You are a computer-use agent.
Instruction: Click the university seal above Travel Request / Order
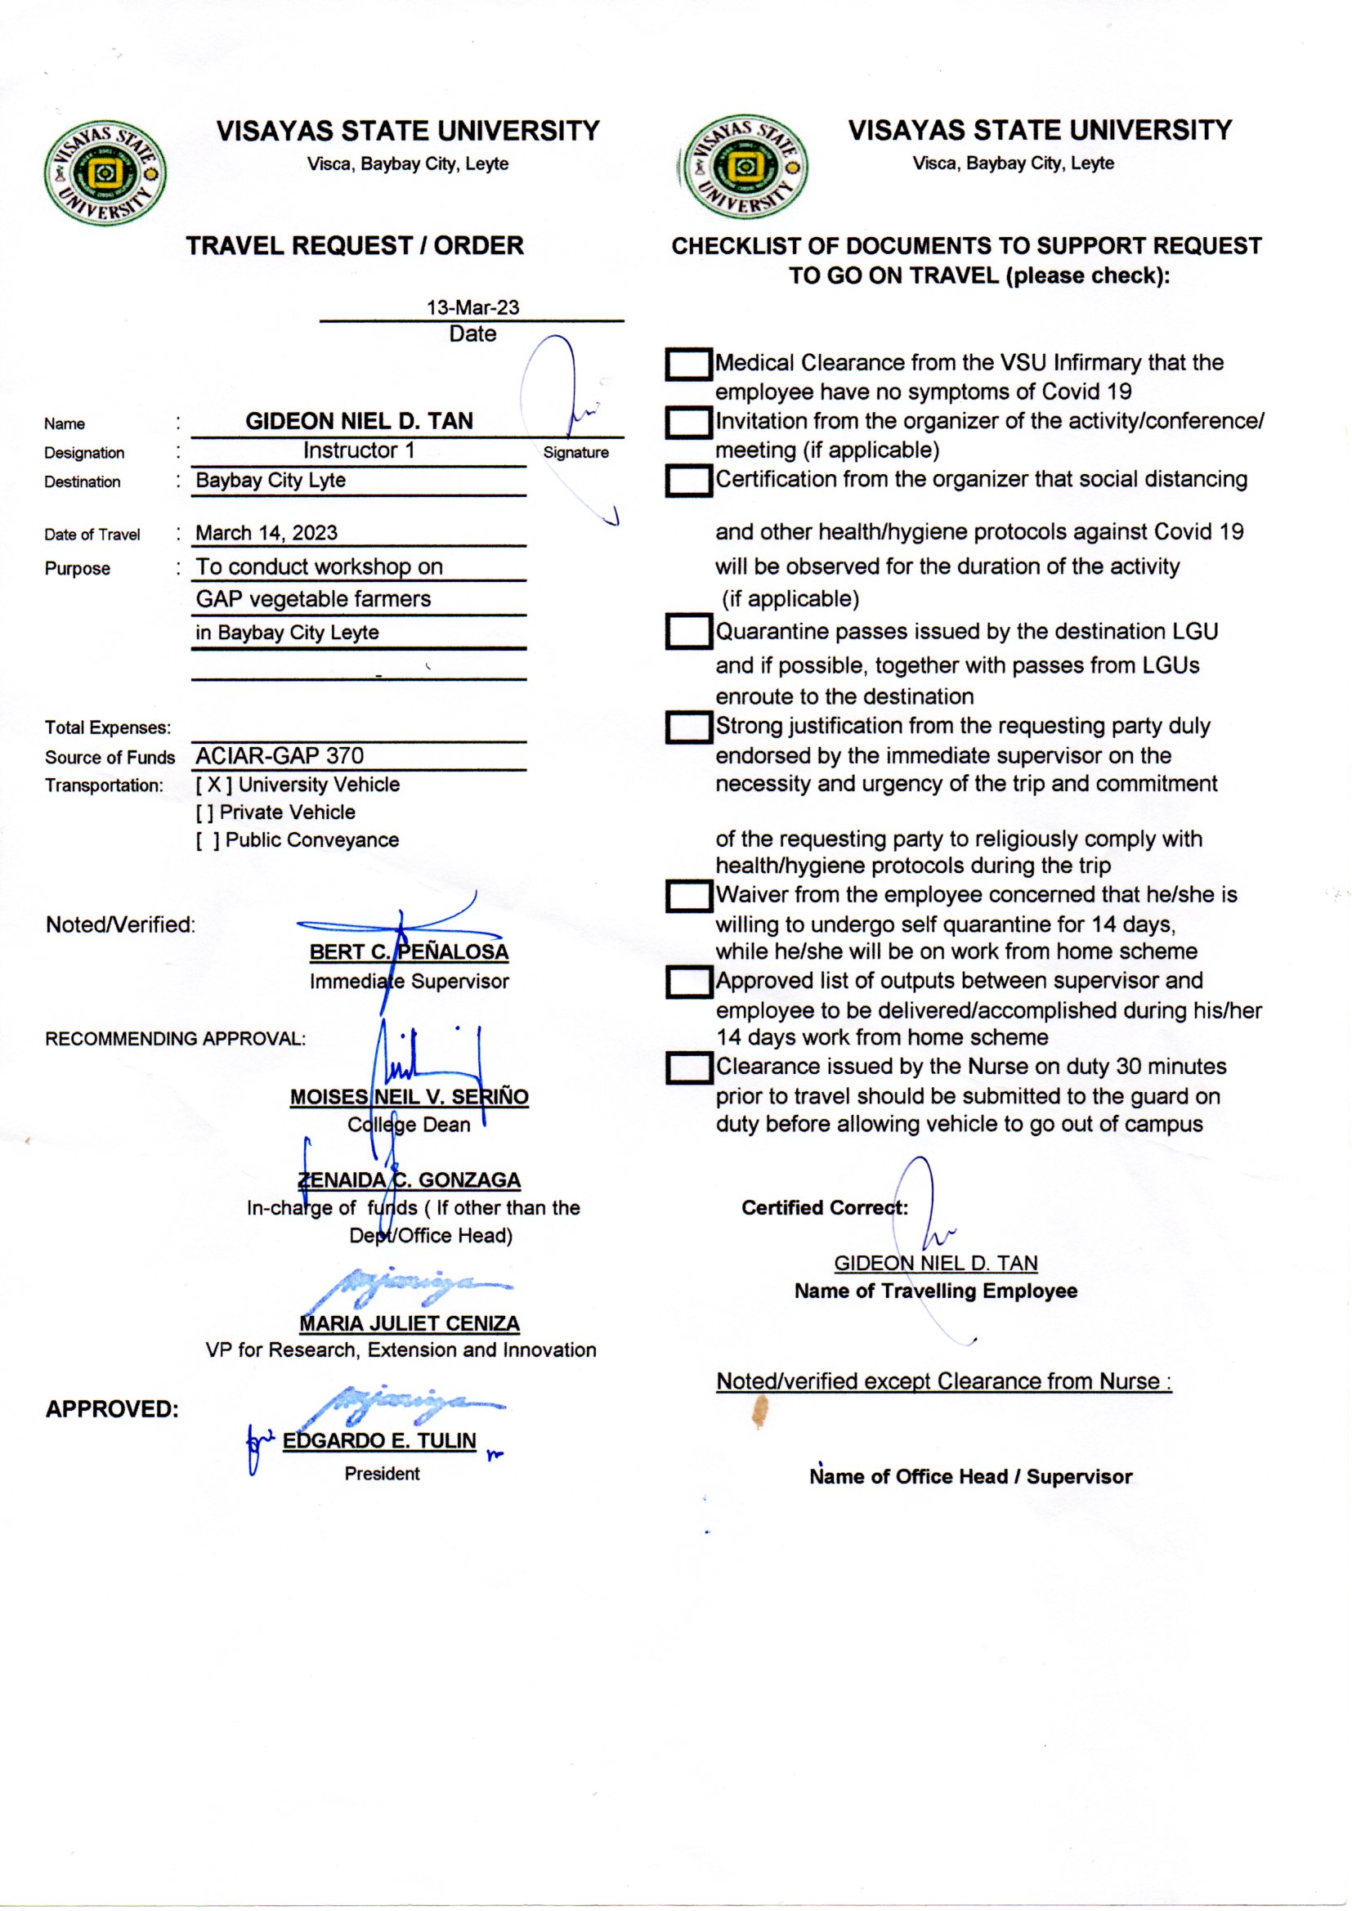coord(105,172)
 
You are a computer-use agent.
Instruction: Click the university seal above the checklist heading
coord(743,168)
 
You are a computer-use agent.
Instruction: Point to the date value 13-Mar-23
coord(472,307)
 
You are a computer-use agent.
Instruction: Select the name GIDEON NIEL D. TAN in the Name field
coord(359,421)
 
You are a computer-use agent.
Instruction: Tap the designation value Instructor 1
coord(358,450)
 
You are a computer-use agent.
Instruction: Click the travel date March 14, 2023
coord(266,533)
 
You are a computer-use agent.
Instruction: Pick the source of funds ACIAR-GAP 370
coord(280,756)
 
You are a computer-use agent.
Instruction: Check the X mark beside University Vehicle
coord(214,785)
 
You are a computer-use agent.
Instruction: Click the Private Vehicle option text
coord(287,812)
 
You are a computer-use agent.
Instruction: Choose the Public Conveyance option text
coord(311,839)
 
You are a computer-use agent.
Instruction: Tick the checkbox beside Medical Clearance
coord(688,365)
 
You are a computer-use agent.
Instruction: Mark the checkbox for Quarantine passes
coord(688,632)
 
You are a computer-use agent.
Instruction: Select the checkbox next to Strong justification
coord(688,727)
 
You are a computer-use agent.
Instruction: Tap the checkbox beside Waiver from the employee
coord(688,897)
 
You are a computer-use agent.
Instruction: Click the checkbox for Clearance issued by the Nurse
coord(688,1067)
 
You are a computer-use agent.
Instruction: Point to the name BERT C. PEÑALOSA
coord(409,951)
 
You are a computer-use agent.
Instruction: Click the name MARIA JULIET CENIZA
coord(409,1323)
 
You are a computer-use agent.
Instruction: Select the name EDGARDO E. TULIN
coord(378,1441)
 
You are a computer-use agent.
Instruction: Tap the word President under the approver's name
coord(382,1474)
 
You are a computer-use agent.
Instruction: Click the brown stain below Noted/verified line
coord(759,1412)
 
